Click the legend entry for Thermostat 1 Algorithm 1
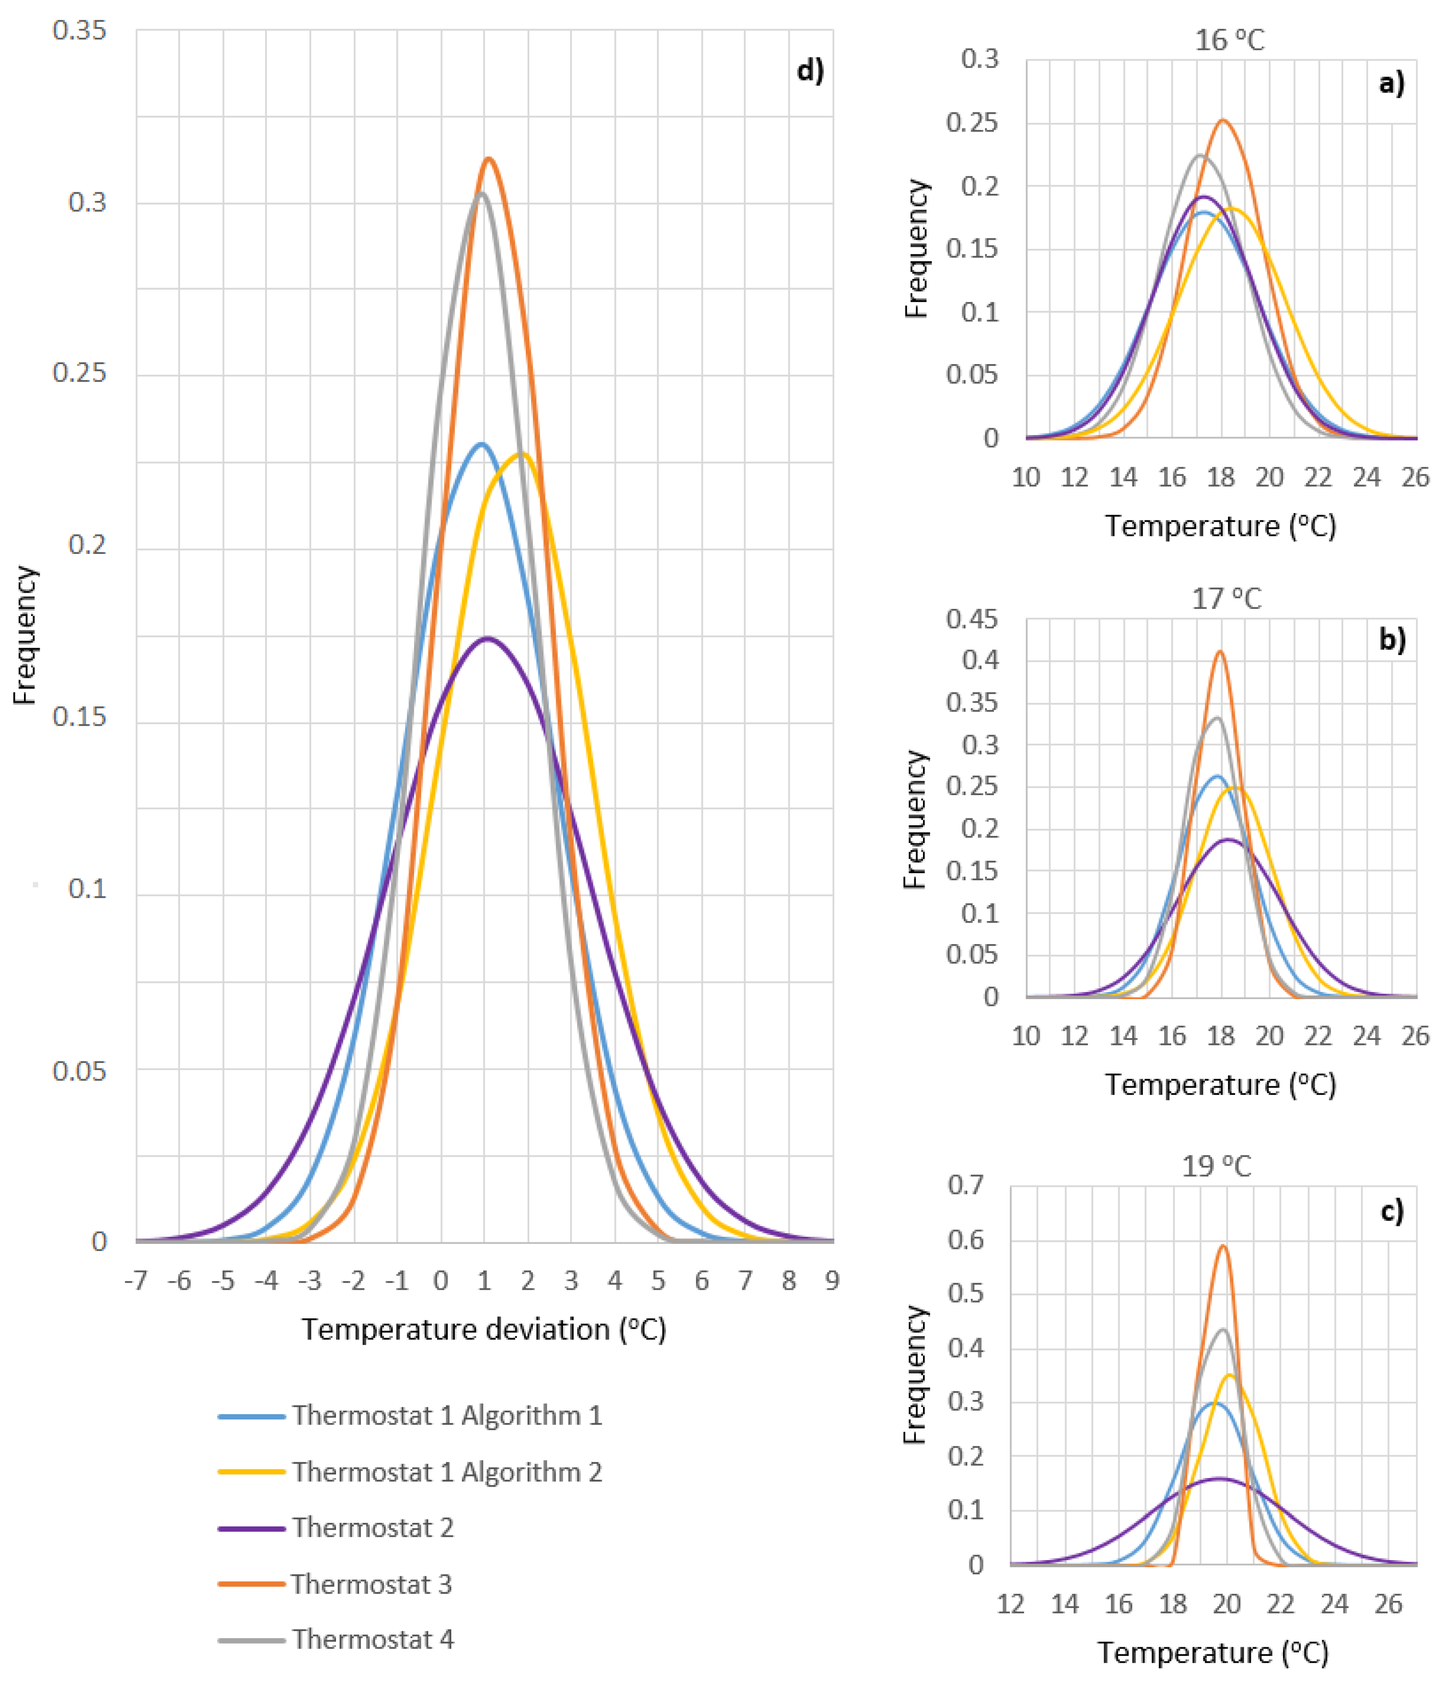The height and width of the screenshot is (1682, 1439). pyautogui.click(x=410, y=1415)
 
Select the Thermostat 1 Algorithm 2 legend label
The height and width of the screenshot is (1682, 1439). pyautogui.click(x=410, y=1471)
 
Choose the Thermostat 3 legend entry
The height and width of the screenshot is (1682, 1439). pyautogui.click(x=335, y=1583)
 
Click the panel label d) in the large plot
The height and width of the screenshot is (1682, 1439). pyautogui.click(x=810, y=70)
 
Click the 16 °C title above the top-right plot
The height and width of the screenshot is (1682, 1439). pyautogui.click(x=1229, y=40)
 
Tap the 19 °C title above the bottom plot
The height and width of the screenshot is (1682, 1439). pyautogui.click(x=1216, y=1166)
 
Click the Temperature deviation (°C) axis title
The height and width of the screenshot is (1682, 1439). pyautogui.click(x=484, y=1330)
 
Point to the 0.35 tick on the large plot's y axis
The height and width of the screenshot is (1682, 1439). pyautogui.click(x=80, y=30)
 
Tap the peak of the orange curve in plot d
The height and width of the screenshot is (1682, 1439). pyautogui.click(x=489, y=158)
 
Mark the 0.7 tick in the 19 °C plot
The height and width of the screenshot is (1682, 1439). pyautogui.click(x=966, y=1184)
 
